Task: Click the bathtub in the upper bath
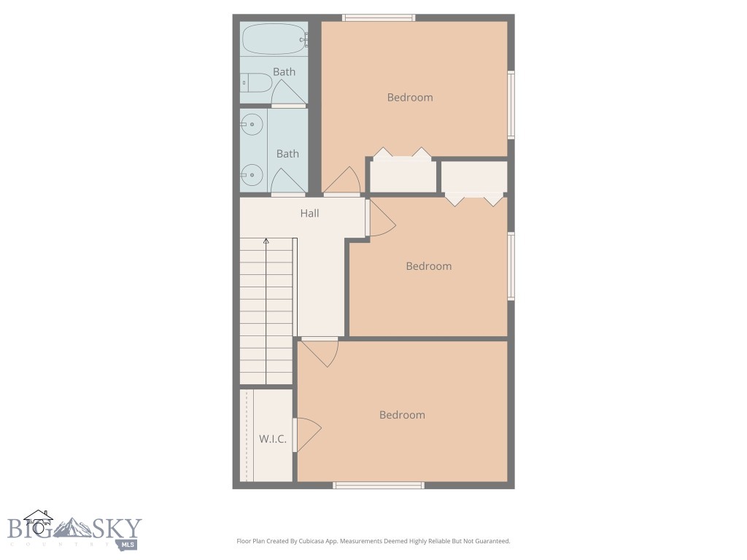(273, 39)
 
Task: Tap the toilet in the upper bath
(255, 83)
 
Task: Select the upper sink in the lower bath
(252, 125)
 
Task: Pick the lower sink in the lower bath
(252, 175)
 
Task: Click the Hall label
(309, 214)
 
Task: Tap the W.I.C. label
(273, 439)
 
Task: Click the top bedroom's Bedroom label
(410, 98)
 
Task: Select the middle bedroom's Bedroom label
(429, 266)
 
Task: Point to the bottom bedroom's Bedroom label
(402, 415)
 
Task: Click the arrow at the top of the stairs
(266, 241)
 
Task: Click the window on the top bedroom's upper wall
(379, 17)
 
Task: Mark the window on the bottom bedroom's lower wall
(379, 485)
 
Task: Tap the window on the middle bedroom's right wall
(511, 265)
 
